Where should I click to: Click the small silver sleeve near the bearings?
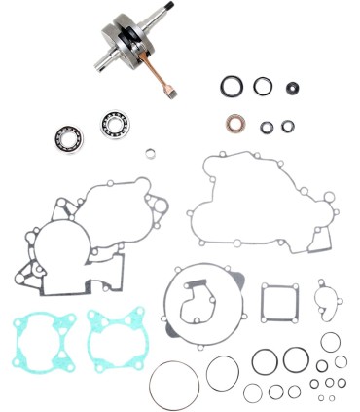[151, 152]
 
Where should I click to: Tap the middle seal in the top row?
[262, 87]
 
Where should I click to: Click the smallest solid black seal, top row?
[290, 88]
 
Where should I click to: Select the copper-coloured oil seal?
[234, 125]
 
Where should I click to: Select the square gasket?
[279, 303]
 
